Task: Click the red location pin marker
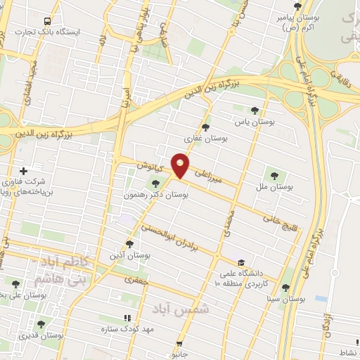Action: tap(181, 165)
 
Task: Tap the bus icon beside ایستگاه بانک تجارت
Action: tap(47, 21)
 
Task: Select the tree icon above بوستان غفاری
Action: tap(205, 127)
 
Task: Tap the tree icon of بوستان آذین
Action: tap(129, 243)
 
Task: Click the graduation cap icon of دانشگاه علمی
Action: tap(242, 262)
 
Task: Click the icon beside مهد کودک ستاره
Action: tap(127, 317)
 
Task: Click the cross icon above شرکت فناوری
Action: tap(24, 171)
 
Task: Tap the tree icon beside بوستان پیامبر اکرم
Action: tap(297, 4)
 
